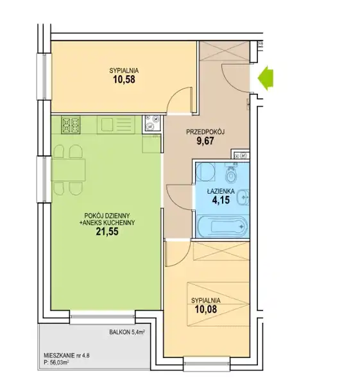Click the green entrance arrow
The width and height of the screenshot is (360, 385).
(x=266, y=78)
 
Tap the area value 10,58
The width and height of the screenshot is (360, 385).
(x=124, y=80)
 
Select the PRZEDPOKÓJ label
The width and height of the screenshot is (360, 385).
(x=205, y=132)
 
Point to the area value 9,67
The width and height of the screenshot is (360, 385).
(x=205, y=141)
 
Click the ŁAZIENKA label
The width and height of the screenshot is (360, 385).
(x=221, y=191)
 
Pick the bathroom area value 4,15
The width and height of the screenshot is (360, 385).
(x=221, y=200)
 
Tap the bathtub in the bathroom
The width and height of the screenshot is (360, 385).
(x=222, y=226)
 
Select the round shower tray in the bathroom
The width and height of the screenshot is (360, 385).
(x=205, y=171)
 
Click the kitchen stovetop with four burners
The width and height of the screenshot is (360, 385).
(x=71, y=124)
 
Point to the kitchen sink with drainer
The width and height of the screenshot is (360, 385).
(x=116, y=124)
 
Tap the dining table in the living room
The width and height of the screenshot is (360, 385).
(x=69, y=170)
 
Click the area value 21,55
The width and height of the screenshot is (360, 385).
(x=107, y=231)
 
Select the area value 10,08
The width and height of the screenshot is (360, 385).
(x=206, y=309)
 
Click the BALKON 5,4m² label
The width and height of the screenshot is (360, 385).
(x=126, y=332)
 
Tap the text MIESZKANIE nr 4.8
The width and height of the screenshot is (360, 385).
(x=66, y=355)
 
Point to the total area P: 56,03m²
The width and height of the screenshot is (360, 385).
(x=56, y=363)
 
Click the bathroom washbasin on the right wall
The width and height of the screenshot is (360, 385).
(x=244, y=197)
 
